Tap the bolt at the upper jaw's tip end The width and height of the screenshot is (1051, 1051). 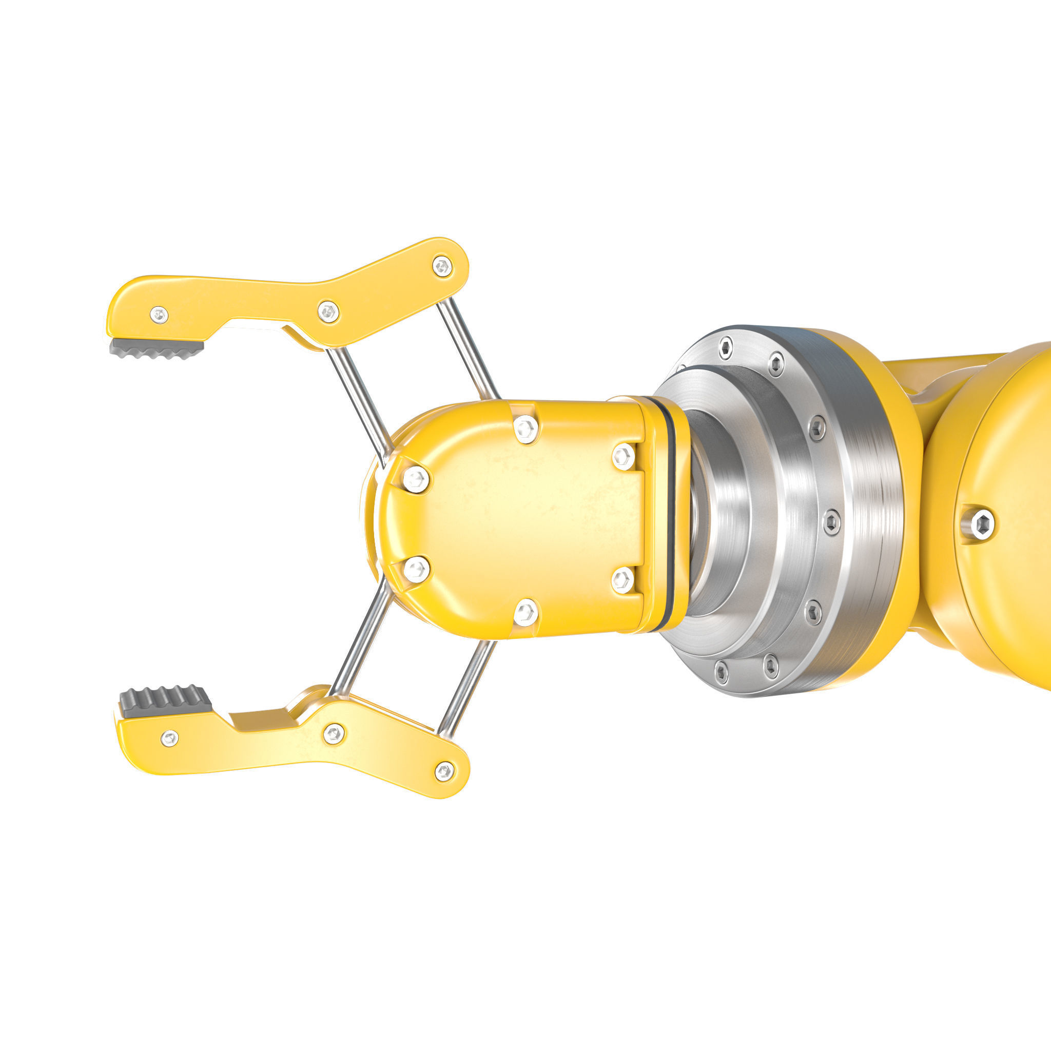pos(159,315)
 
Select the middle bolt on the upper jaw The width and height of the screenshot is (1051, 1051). pos(328,312)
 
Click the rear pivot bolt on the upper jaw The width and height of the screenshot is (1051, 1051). pos(442,266)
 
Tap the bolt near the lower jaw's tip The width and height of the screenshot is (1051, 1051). pos(170,738)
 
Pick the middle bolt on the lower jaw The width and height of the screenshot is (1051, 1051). pos(334,734)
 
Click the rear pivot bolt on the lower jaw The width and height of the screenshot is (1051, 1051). pos(444,771)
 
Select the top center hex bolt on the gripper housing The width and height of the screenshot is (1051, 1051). pos(525,429)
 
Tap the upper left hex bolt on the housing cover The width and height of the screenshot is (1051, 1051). pos(416,479)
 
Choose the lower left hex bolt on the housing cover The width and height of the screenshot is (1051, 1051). pos(416,569)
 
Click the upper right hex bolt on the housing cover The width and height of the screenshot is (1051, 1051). pos(624,456)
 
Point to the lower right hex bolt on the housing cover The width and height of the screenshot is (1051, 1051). pos(623,580)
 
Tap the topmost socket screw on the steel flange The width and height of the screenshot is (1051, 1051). pos(725,347)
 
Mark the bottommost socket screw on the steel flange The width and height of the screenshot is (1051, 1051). pos(722,672)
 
